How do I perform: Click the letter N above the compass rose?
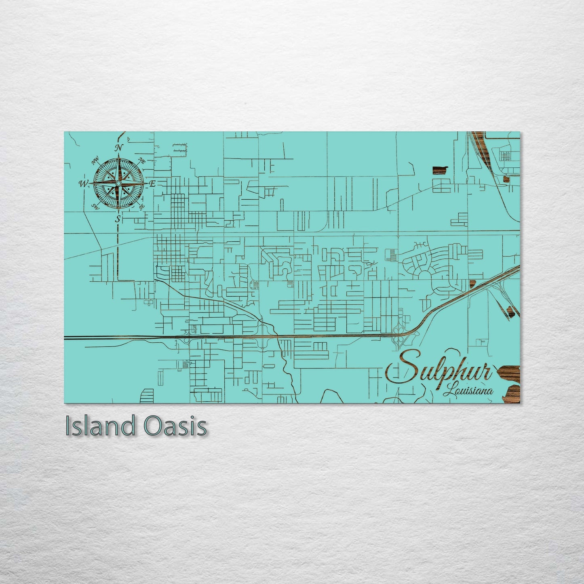tap(118, 148)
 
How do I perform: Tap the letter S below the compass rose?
tap(118, 219)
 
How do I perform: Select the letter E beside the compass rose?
tap(152, 184)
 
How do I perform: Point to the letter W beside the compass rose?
tap(83, 184)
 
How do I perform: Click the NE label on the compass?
tap(142, 161)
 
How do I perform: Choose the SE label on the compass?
tap(142, 207)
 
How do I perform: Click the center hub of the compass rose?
tap(118, 183)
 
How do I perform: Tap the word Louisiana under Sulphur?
tap(468, 391)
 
